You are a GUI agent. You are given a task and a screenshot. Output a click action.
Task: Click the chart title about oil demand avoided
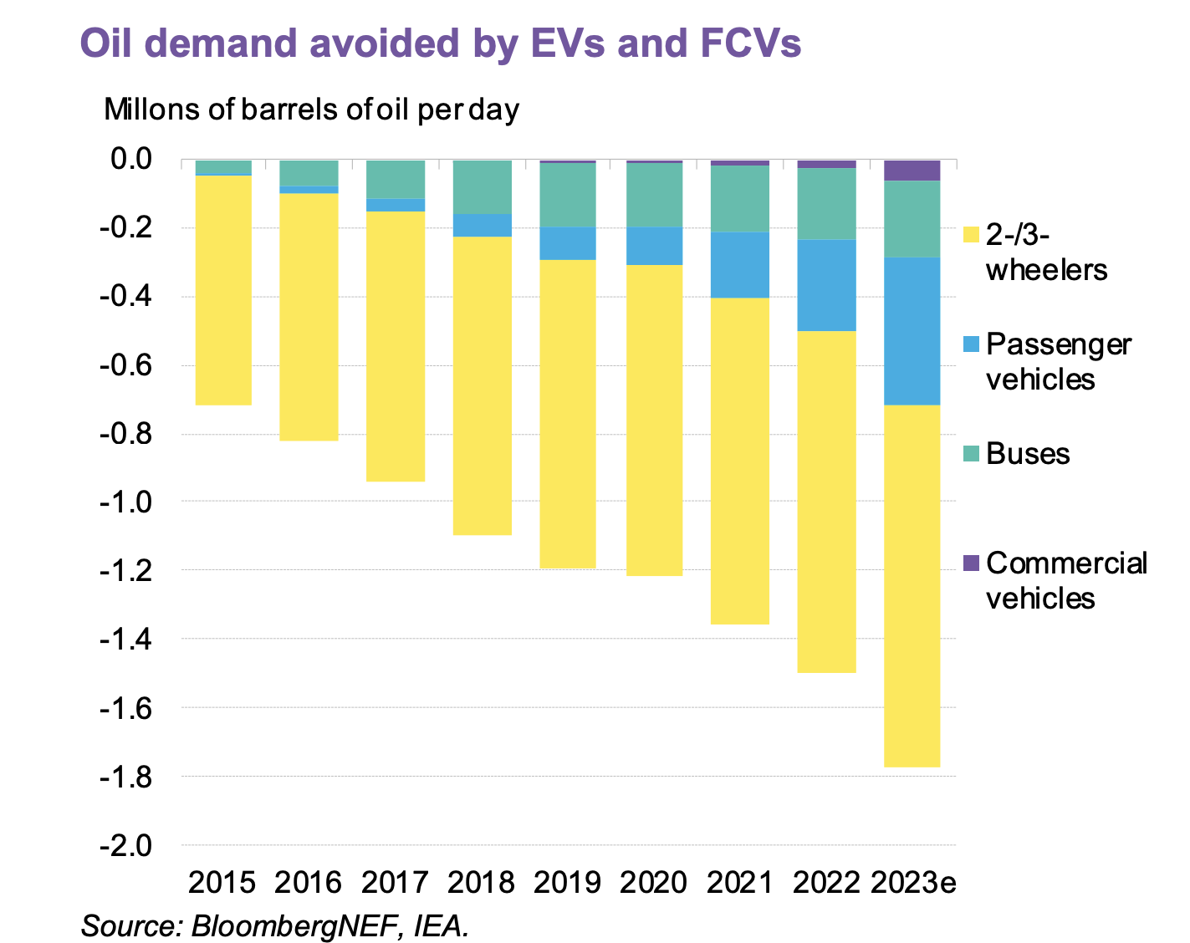pos(441,43)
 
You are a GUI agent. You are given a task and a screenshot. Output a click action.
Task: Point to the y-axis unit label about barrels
pos(311,110)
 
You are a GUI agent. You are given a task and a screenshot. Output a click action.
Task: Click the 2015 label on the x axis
pos(222,883)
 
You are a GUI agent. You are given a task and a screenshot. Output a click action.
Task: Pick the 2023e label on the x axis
pos(913,883)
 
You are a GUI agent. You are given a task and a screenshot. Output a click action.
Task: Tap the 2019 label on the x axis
pos(567,883)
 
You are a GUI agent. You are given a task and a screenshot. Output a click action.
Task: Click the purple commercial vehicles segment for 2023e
pos(912,171)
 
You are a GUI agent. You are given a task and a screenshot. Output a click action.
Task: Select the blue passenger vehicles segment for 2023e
pos(912,331)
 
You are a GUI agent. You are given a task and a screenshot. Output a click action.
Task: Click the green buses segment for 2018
pos(482,186)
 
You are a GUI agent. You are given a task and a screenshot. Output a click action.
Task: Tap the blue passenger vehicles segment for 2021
pos(739,265)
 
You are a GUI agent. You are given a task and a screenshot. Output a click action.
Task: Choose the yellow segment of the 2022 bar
pos(826,502)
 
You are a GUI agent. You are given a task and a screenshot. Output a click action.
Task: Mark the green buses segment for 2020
pos(653,195)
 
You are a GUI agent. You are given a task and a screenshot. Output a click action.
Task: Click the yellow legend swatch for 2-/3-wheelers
pos(971,235)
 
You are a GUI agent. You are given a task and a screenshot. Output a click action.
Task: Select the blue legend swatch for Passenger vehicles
pos(971,344)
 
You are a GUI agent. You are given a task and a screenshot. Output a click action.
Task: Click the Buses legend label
pos(1028,454)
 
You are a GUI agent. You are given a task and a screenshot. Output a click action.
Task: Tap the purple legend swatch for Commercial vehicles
pos(971,563)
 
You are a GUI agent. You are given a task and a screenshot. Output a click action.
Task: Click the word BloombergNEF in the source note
pos(289,927)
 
